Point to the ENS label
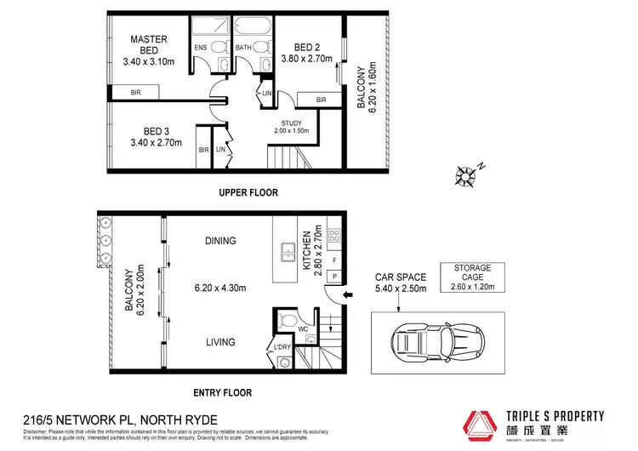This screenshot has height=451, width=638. pos(201,48)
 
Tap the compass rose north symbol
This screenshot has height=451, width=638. pos(466,176)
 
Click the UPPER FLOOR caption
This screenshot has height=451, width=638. pos(248,192)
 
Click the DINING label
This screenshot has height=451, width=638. pos(219,242)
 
